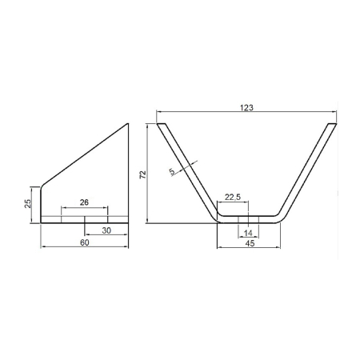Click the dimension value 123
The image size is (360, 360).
(x=246, y=108)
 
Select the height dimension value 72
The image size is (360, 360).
(x=143, y=174)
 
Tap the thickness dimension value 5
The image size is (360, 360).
(x=173, y=171)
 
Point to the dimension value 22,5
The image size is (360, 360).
(x=233, y=197)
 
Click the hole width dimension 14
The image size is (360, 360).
(x=248, y=233)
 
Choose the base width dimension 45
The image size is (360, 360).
(x=250, y=243)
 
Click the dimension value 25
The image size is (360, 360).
(x=28, y=203)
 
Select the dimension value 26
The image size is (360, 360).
(x=84, y=202)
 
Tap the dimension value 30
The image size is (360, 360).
(x=106, y=230)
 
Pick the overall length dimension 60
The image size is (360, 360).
(x=85, y=242)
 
